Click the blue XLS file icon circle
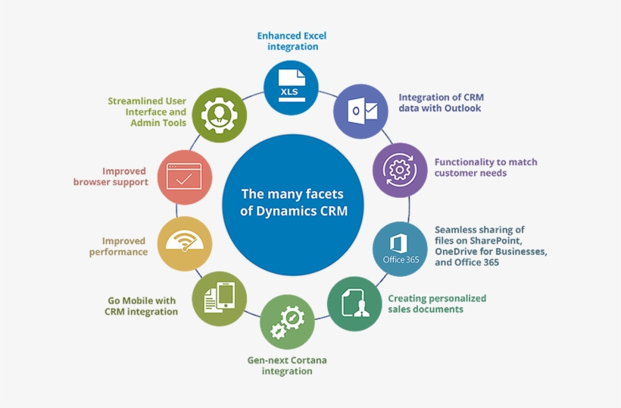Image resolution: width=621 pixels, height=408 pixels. [291, 87]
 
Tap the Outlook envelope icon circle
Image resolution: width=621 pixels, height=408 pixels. [361, 111]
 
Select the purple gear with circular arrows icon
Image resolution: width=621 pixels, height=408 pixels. [400, 170]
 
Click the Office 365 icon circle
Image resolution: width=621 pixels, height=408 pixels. [400, 248]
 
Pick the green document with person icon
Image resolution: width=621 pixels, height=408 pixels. [354, 303]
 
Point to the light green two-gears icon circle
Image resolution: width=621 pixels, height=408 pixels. [287, 322]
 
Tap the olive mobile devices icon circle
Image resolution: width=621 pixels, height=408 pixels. [220, 297]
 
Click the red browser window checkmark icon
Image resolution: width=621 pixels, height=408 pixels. [184, 177]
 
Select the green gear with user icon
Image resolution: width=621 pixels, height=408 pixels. [219, 115]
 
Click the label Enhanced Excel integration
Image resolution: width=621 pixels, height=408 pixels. [292, 41]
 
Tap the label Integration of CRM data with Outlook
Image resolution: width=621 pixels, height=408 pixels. [441, 102]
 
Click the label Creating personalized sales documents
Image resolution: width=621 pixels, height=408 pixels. [436, 303]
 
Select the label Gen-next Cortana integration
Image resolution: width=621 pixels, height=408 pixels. [287, 366]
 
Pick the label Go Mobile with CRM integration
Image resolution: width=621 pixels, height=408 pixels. [142, 306]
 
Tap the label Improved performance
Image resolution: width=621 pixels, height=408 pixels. [117, 246]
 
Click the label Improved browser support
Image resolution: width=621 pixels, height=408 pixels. [111, 177]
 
